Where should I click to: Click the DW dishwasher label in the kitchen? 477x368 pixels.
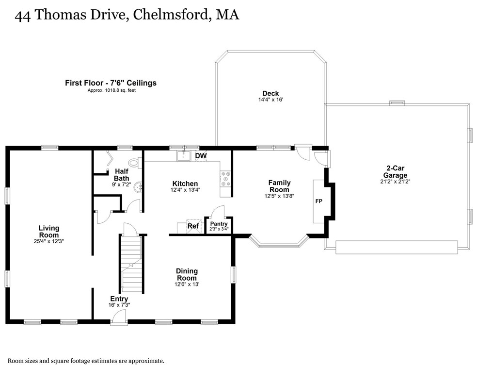tap(201, 156)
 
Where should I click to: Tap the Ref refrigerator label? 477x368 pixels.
tap(193, 226)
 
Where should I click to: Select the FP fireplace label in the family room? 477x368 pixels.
tap(319, 201)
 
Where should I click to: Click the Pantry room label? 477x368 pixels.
tap(219, 224)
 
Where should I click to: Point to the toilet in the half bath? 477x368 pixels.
tap(133, 162)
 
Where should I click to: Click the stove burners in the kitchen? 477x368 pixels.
tap(225, 179)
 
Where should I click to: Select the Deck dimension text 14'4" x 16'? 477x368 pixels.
tap(270, 100)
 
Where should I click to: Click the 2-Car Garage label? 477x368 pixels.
tap(395, 172)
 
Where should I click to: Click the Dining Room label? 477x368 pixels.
tap(187, 274)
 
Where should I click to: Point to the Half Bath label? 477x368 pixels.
tap(122, 175)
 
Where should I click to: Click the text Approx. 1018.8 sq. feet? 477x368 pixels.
tap(111, 90)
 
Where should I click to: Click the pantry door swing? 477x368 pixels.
tap(217, 212)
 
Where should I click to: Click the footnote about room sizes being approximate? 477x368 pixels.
tap(86, 361)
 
